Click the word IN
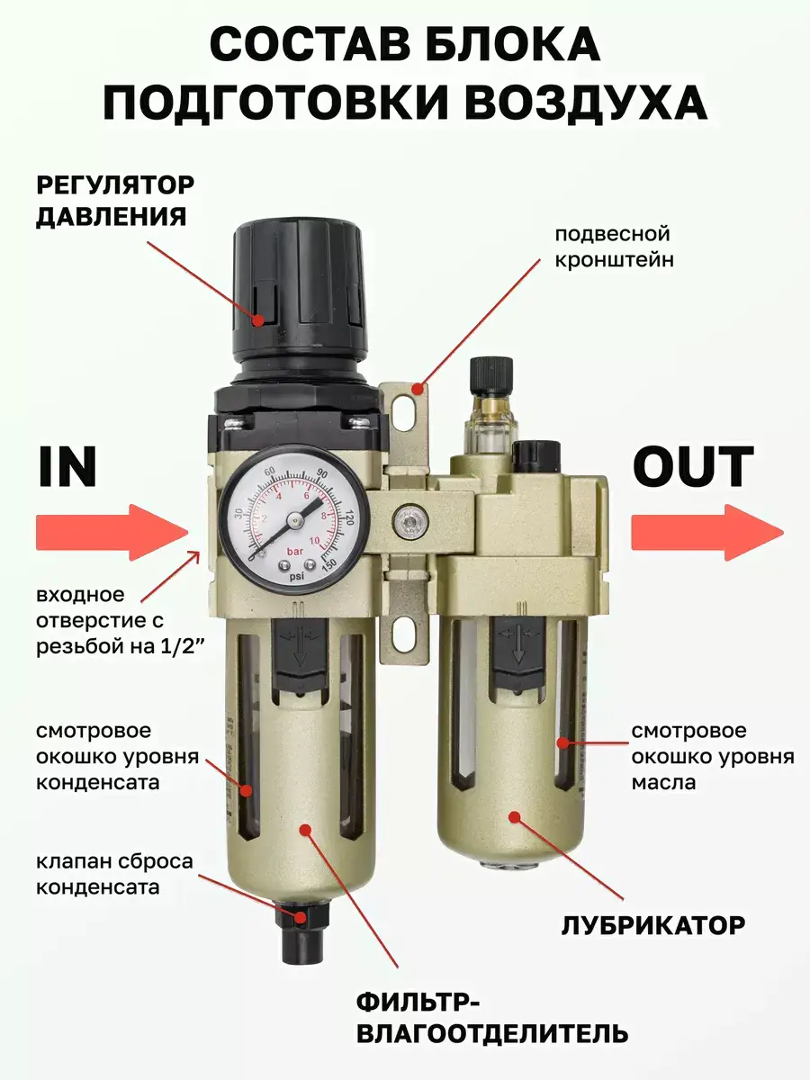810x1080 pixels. pos(67,467)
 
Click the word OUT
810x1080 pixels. pos(693,467)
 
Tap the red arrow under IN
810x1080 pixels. pos(112,533)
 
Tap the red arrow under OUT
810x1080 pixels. pos(707,533)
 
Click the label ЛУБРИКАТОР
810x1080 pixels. pos(653,925)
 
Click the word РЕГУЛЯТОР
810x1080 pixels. pos(115,185)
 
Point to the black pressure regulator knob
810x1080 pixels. pos(299,292)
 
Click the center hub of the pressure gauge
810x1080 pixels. pos(295,519)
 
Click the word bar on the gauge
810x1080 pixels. pos(295,552)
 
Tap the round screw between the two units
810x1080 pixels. pos(410,520)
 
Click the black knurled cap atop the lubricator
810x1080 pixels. pos(491,375)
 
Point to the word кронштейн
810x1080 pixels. pos(615,260)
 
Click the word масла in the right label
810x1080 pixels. pos(663,782)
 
